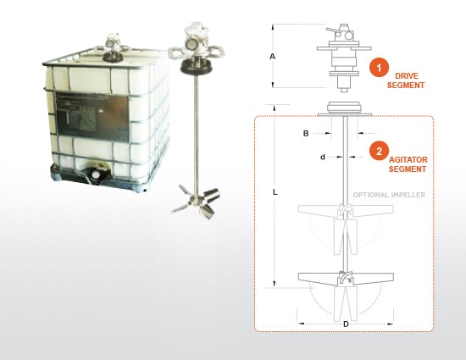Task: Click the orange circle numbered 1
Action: click(379, 68)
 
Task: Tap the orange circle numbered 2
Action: click(379, 151)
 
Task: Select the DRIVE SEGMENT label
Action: click(406, 80)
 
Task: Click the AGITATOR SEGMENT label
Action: click(408, 164)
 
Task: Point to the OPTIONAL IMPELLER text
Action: click(389, 195)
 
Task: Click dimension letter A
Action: click(272, 56)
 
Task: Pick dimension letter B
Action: click(306, 133)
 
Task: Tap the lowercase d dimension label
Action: click(323, 157)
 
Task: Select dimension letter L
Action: click(275, 192)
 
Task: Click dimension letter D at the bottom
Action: click(346, 324)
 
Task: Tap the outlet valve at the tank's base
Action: click(96, 174)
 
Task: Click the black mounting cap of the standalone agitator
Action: click(196, 67)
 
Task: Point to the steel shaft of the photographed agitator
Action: click(197, 134)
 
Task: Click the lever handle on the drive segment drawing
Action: click(333, 30)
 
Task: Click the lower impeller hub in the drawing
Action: click(346, 278)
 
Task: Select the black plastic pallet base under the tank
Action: click(98, 178)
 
